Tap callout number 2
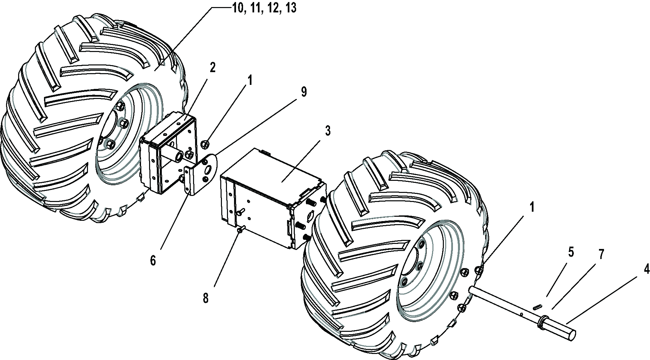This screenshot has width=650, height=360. click(x=213, y=68)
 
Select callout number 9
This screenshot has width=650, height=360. click(x=304, y=92)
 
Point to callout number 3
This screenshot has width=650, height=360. click(x=327, y=131)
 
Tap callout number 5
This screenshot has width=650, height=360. click(x=571, y=252)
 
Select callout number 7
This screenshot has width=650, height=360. click(x=601, y=255)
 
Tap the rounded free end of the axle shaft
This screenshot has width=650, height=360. click(x=571, y=334)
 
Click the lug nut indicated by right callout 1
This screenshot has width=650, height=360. click(x=479, y=269)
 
